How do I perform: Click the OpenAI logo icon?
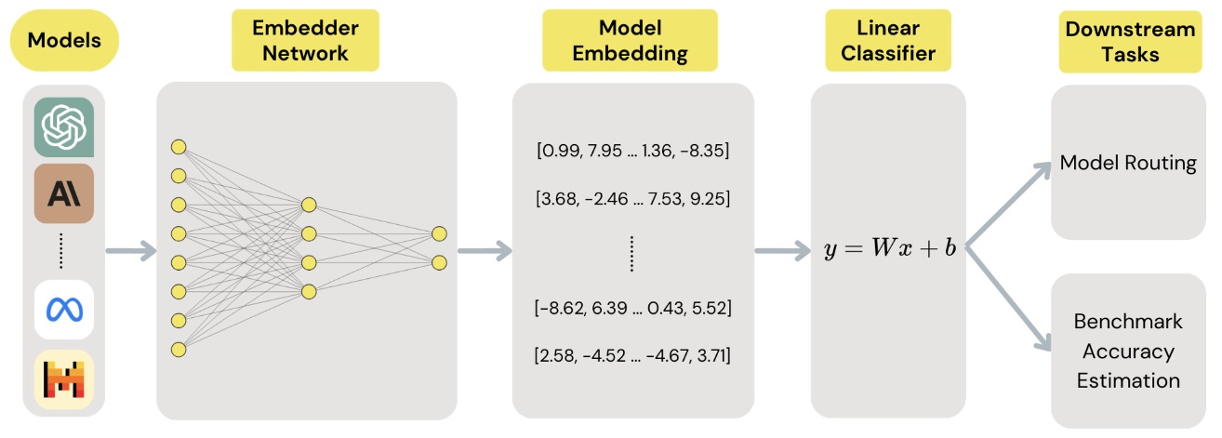point(64,127)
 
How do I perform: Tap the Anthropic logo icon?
point(64,193)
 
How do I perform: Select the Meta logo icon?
point(64,310)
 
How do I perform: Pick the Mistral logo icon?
point(64,379)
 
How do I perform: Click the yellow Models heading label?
point(63,40)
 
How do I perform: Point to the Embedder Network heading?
point(304,40)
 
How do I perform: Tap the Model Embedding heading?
point(630,40)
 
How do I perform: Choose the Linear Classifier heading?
point(887,40)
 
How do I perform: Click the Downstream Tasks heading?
point(1130,40)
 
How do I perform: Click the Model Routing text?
point(1128,164)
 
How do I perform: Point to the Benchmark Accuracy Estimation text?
point(1128,351)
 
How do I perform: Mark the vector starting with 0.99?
point(632,151)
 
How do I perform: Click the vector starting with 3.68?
point(632,198)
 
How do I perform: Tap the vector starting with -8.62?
point(632,307)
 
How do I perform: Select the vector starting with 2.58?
point(632,355)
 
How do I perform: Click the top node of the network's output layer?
point(439,233)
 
